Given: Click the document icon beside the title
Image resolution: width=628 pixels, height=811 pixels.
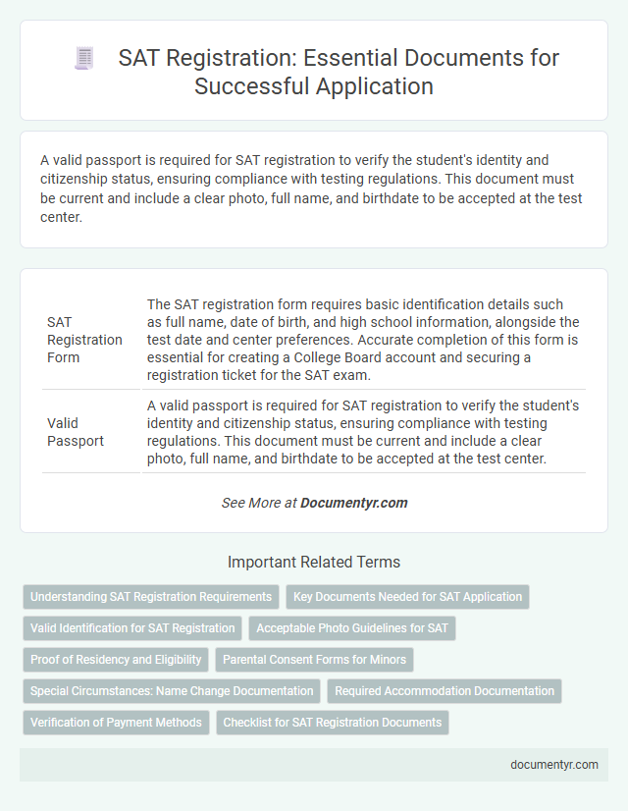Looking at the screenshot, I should click(84, 58).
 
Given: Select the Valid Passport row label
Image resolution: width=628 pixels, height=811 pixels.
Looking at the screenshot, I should click(76, 432).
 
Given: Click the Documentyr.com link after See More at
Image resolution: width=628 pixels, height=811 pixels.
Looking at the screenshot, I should click(353, 503).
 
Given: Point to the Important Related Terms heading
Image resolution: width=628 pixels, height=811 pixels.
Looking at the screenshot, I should click(314, 563).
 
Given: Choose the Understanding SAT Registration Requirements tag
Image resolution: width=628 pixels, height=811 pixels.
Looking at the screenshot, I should click(150, 597).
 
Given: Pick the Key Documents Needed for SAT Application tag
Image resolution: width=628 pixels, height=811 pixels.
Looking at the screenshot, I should click(407, 597).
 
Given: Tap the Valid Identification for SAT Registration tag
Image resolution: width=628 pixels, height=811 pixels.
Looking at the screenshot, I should click(132, 628).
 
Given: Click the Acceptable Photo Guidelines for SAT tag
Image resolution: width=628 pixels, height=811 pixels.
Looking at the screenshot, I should click(351, 628).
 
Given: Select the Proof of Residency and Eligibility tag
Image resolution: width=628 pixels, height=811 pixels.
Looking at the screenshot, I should click(116, 660).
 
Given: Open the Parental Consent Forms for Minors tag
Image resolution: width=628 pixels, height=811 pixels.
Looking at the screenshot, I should click(314, 660).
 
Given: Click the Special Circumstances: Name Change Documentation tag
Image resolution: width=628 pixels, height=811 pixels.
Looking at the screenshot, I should click(172, 691).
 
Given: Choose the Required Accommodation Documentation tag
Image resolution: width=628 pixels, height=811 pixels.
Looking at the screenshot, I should click(444, 691).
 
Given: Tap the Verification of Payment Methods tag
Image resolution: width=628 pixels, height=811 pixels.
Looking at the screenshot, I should click(116, 723).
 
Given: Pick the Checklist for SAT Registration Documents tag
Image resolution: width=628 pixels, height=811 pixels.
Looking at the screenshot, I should click(332, 723).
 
